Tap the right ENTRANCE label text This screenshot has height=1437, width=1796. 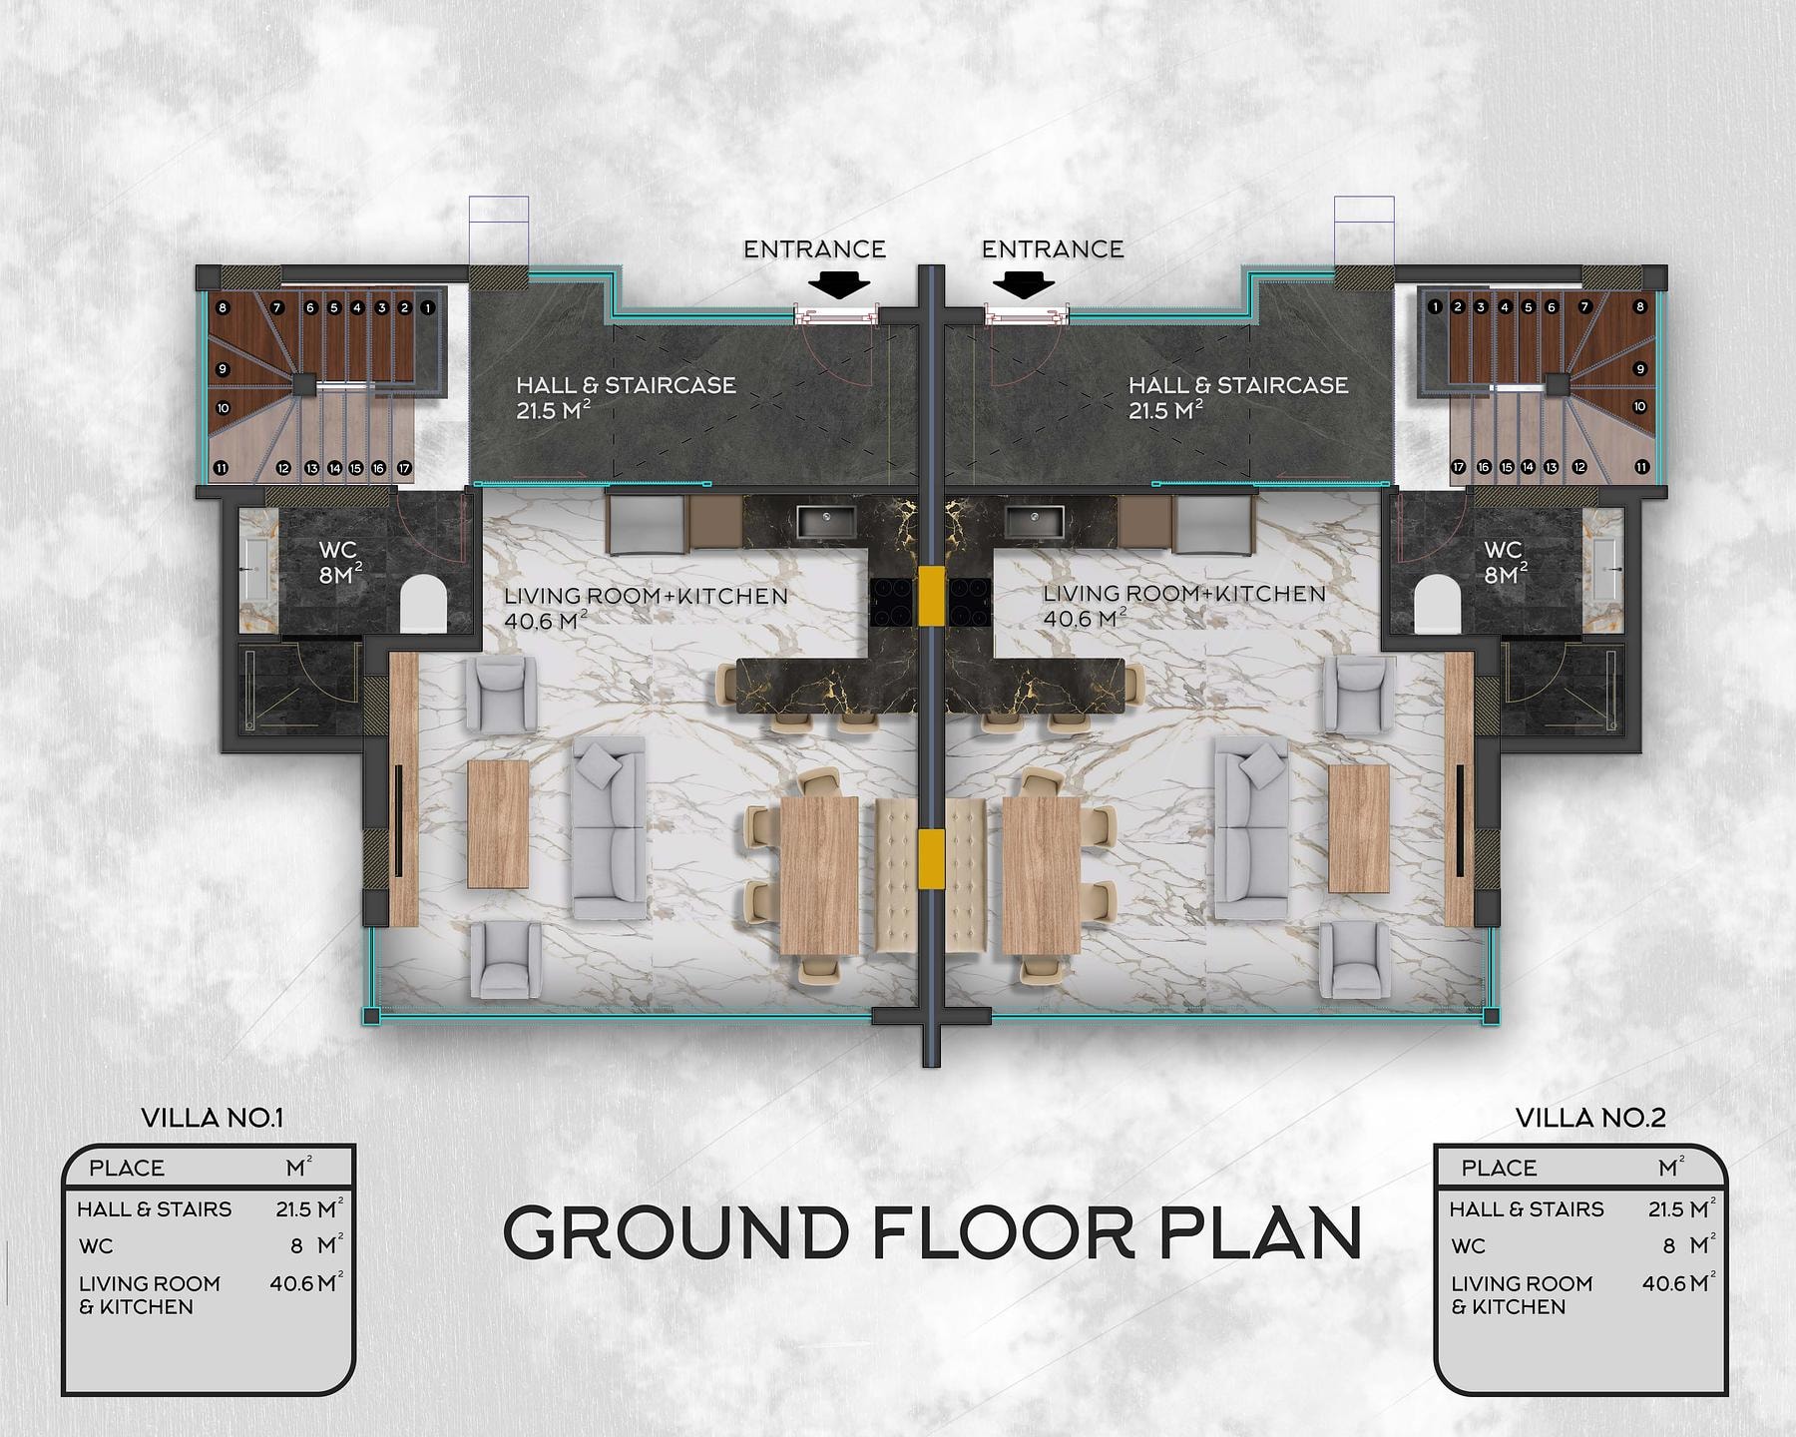point(1053,249)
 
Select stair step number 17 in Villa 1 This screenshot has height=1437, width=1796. point(404,467)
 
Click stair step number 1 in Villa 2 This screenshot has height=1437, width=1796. point(1435,307)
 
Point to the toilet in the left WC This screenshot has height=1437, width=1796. point(423,603)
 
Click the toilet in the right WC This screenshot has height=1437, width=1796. point(1438,604)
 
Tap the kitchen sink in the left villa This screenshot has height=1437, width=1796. point(826,521)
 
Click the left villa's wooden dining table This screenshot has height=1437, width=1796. point(818,874)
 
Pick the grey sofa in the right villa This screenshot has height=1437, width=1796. point(1251,828)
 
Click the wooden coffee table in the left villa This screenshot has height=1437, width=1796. point(498,824)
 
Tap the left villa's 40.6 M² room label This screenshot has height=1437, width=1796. point(545,621)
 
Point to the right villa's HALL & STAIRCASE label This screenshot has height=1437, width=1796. point(1238,385)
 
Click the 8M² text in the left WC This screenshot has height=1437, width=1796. point(340,575)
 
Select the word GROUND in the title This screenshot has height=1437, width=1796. point(675,1233)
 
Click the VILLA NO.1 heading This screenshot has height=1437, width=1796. point(213,1118)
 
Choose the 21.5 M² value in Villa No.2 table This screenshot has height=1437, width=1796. point(1681,1208)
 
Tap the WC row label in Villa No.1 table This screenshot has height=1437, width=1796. point(97,1246)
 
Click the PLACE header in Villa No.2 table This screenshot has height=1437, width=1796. point(1499,1168)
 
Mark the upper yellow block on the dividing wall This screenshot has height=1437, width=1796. point(931,596)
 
